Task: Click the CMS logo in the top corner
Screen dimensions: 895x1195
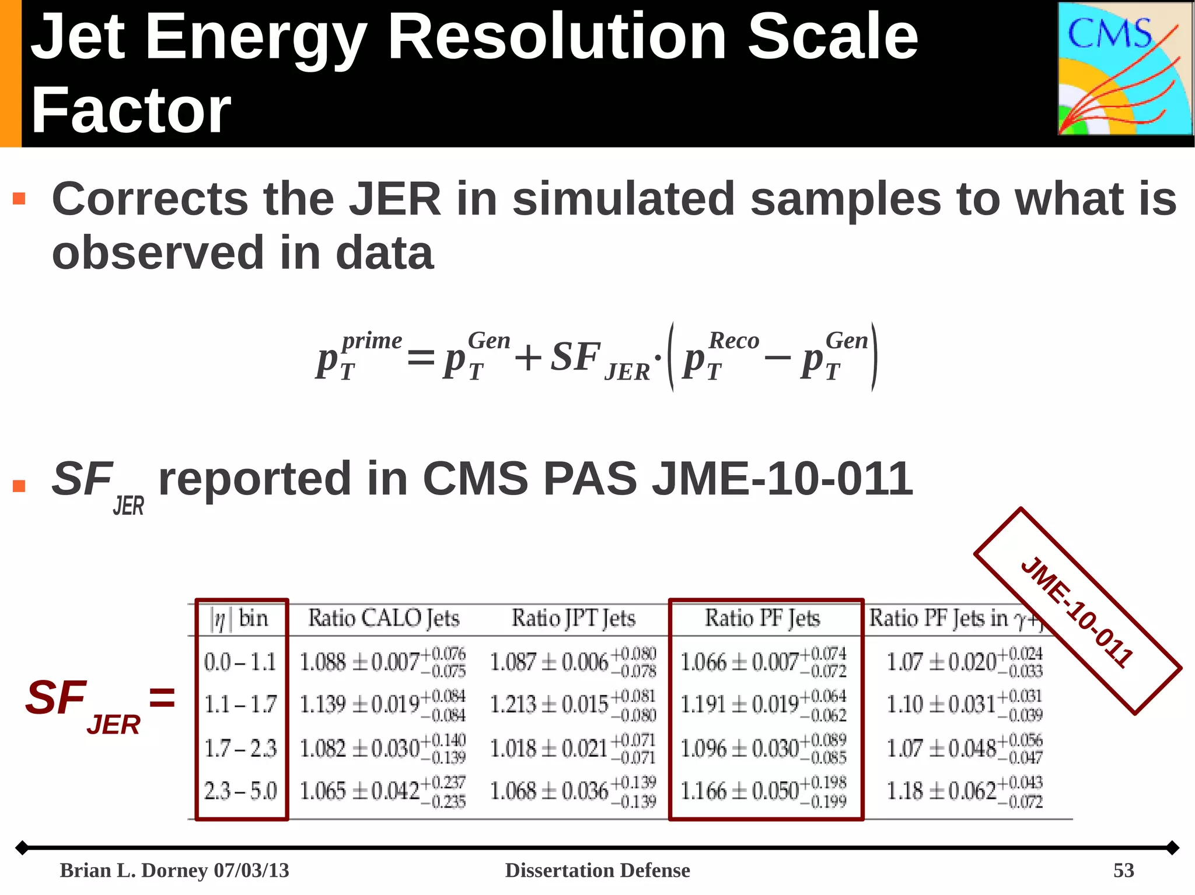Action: [x=1125, y=69]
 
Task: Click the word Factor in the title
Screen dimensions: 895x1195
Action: [x=131, y=110]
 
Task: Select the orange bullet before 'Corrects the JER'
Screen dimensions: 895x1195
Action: [x=19, y=199]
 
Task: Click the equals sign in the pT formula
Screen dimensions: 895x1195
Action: [x=420, y=357]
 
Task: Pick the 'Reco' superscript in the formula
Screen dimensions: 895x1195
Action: [x=733, y=341]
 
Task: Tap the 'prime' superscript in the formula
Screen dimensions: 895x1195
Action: [x=372, y=341]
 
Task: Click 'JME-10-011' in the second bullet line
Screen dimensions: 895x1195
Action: [x=782, y=479]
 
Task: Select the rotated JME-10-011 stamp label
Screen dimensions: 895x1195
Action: [x=1077, y=611]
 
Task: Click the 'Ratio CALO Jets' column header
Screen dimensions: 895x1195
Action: [x=383, y=618]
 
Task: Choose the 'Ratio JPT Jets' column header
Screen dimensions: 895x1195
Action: [x=573, y=618]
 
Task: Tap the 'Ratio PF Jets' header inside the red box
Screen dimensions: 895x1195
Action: [x=762, y=618]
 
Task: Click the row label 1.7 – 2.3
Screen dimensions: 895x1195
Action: [x=240, y=748]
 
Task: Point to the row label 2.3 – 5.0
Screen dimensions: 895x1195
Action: [x=240, y=791]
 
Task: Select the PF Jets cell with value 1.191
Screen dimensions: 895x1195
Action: [x=763, y=705]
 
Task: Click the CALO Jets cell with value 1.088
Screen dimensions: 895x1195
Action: [x=382, y=662]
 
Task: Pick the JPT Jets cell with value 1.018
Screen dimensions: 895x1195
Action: [x=572, y=748]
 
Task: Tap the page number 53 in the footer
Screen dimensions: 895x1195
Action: [x=1123, y=870]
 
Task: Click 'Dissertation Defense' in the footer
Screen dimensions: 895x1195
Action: [x=597, y=870]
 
